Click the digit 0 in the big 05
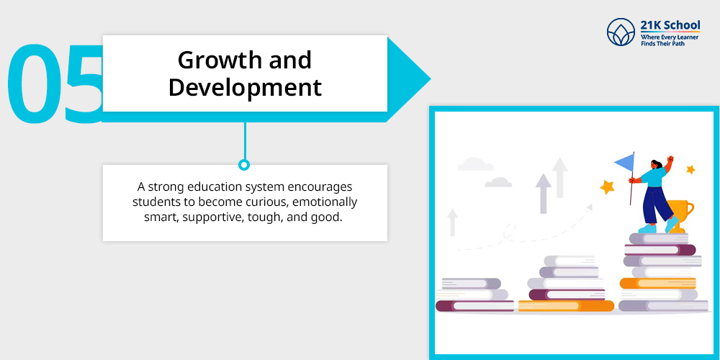point(33,83)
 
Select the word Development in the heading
point(245,88)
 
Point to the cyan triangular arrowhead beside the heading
point(406,79)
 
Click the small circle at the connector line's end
point(244,164)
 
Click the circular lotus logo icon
point(621,32)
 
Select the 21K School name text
point(670,24)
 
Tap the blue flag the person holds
point(624,161)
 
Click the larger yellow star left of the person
point(607,186)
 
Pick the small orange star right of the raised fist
point(690,169)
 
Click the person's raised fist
point(670,159)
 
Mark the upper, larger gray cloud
point(475,164)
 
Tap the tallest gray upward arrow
point(559,177)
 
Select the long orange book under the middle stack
point(566,306)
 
